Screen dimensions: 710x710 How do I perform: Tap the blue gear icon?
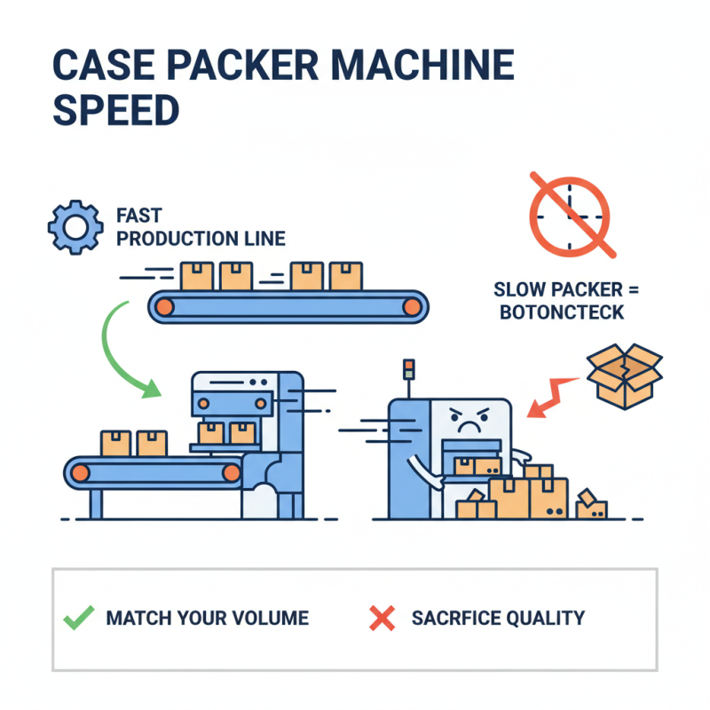[x=72, y=228]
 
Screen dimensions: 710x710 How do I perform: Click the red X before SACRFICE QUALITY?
[x=382, y=619]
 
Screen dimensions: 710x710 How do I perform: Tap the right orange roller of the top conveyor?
[x=411, y=307]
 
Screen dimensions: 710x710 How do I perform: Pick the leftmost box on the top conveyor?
[x=196, y=276]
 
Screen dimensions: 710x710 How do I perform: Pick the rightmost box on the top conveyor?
[x=345, y=276]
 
